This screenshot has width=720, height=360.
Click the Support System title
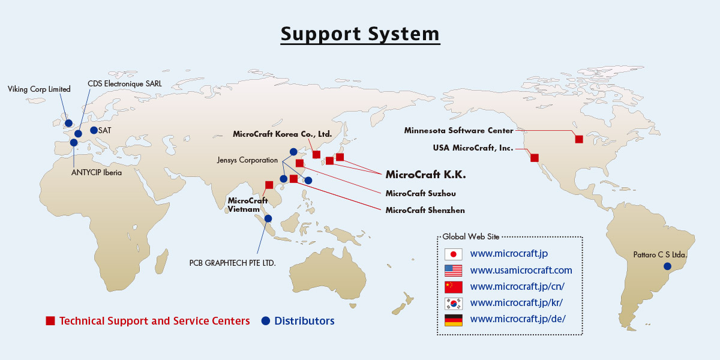pyautogui.click(x=360, y=34)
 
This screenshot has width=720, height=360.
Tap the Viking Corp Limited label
pyautogui.click(x=39, y=89)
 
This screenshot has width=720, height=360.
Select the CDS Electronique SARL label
pyautogui.click(x=125, y=84)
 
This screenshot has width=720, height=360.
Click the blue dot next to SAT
pyautogui.click(x=94, y=130)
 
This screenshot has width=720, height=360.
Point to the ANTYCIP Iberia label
pyautogui.click(x=97, y=173)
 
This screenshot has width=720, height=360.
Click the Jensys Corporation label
pyautogui.click(x=247, y=160)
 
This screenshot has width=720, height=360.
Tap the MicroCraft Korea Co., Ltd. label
pyautogui.click(x=282, y=134)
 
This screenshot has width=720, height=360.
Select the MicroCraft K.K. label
pyautogui.click(x=425, y=175)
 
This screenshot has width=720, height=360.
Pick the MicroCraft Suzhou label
pyautogui.click(x=421, y=193)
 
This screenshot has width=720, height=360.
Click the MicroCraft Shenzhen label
pyautogui.click(x=425, y=210)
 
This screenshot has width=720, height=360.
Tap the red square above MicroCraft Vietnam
pyautogui.click(x=269, y=185)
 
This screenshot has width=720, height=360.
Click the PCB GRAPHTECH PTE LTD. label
pyautogui.click(x=232, y=263)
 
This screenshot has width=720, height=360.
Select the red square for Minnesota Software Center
pyautogui.click(x=579, y=139)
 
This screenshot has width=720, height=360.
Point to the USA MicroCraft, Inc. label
pyautogui.click(x=473, y=148)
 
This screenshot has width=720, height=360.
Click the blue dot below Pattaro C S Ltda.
pyautogui.click(x=667, y=266)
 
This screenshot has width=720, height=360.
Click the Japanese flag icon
pyautogui.click(x=453, y=254)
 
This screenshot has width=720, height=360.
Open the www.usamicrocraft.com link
pyautogui.click(x=521, y=271)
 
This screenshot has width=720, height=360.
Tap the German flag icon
pyautogui.click(x=453, y=320)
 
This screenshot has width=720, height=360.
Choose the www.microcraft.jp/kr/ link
pyautogui.click(x=517, y=303)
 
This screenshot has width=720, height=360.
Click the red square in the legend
pyautogui.click(x=50, y=321)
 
